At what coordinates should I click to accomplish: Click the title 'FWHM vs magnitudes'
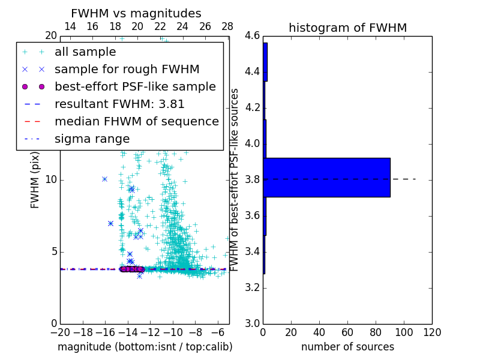(136, 13)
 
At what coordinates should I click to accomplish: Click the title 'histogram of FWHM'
(347, 28)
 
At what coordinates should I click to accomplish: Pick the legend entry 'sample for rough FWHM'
(127, 69)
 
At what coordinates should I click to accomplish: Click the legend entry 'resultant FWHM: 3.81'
(119, 104)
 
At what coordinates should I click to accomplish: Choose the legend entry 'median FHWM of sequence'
(136, 121)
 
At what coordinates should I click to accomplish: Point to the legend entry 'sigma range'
(92, 139)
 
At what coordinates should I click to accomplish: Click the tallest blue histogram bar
(326, 177)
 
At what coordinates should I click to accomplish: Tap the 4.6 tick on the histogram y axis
(252, 36)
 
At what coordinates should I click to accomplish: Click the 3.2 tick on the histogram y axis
(252, 287)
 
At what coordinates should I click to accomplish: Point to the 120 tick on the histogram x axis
(431, 332)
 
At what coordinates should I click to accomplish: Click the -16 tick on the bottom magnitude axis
(105, 332)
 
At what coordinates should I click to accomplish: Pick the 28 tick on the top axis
(227, 26)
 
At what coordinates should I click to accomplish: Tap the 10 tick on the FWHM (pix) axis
(51, 179)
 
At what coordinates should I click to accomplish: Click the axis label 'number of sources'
(347, 347)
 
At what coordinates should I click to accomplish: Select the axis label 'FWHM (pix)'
(35, 179)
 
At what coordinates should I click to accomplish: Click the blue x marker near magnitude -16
(104, 179)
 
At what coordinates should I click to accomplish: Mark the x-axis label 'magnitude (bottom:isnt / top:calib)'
(145, 347)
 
